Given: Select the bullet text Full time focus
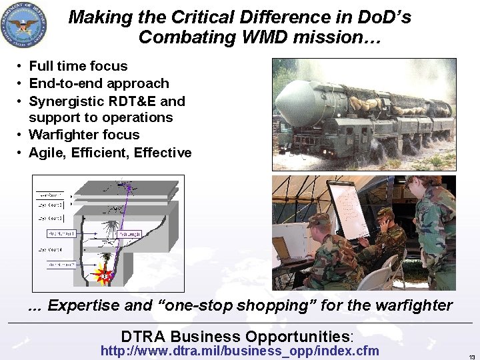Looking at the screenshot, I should tap(78, 66).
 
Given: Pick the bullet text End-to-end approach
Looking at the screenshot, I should tap(99, 83).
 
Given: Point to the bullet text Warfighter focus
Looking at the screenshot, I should tap(84, 135).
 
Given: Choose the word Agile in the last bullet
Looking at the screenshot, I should tap(48, 153).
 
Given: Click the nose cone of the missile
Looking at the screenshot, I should tap(288, 107).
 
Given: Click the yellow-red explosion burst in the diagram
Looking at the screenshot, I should tap(103, 275).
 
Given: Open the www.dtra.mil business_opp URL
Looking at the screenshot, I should tap(239, 351).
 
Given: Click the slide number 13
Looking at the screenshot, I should tap(471, 356).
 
